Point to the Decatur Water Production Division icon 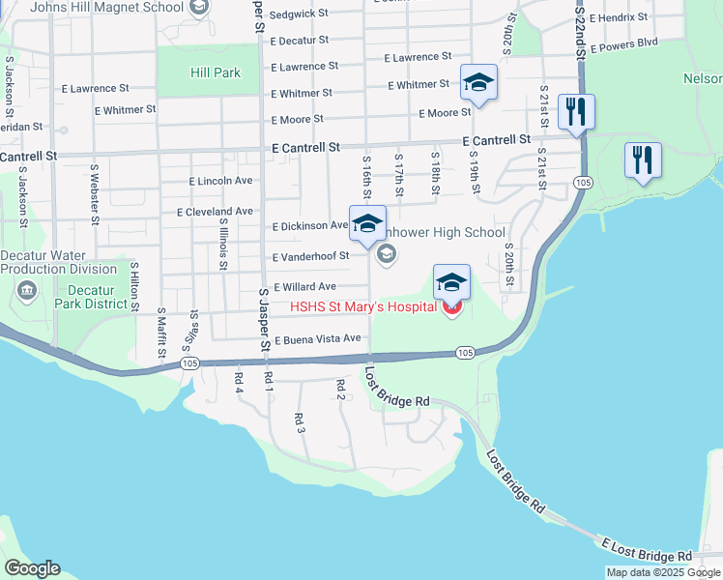(x=25, y=290)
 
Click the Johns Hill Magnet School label (x=106, y=8)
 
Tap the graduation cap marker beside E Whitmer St (x=477, y=85)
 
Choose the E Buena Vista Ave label (x=318, y=339)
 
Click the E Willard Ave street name (x=305, y=287)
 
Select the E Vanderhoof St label (x=310, y=257)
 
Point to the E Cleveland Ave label (x=215, y=211)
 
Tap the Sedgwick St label (x=300, y=15)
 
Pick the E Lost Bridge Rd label (x=647, y=551)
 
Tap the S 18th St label (x=436, y=172)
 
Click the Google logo (x=32, y=568)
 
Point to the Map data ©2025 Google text (x=662, y=572)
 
